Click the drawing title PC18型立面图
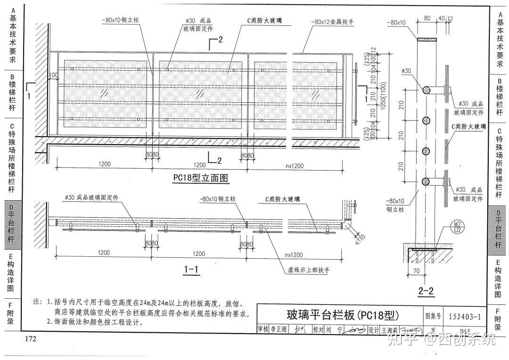click(x=200, y=178)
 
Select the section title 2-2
click(x=426, y=291)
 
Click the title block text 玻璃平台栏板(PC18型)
click(x=343, y=315)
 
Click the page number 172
click(x=31, y=339)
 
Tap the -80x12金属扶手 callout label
click(x=332, y=22)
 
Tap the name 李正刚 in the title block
click(x=279, y=329)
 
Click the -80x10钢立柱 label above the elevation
click(x=120, y=21)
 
